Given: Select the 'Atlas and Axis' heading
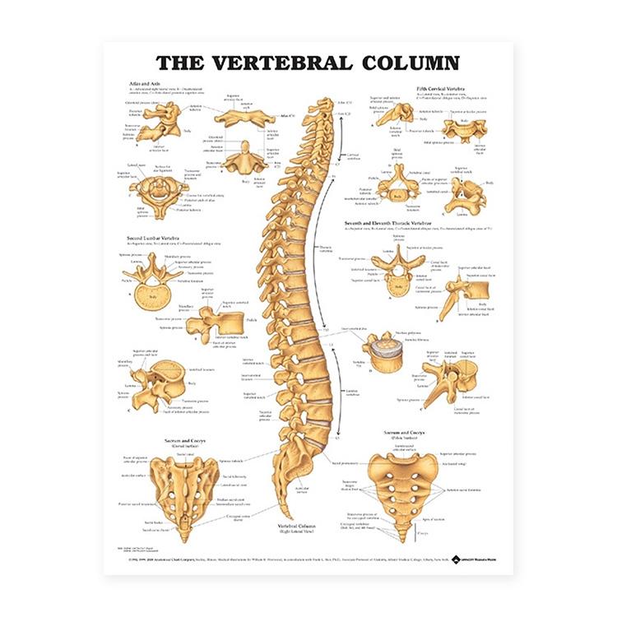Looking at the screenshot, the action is click(139, 86).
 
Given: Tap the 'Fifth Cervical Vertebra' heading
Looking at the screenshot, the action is click(443, 87).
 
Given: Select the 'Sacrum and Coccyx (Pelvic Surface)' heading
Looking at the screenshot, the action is click(407, 433).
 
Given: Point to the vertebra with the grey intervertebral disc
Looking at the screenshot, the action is click(382, 353).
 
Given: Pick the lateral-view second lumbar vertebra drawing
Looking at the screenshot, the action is click(212, 323).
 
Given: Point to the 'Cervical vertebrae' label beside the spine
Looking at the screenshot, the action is click(352, 154).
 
